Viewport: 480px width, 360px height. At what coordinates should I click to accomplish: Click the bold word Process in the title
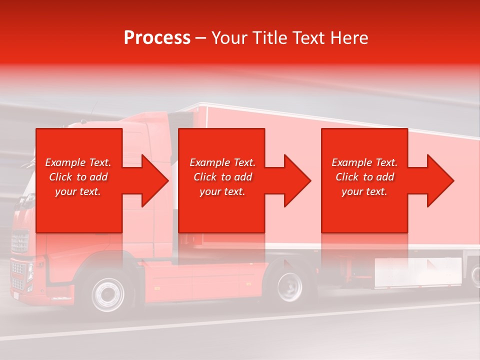click(157, 38)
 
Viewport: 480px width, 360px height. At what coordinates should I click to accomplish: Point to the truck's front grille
click(19, 242)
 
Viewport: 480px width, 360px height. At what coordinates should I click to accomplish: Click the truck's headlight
click(30, 272)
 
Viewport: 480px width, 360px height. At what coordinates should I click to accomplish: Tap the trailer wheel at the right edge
click(475, 275)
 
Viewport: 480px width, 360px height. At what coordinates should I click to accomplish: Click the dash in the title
click(201, 38)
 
